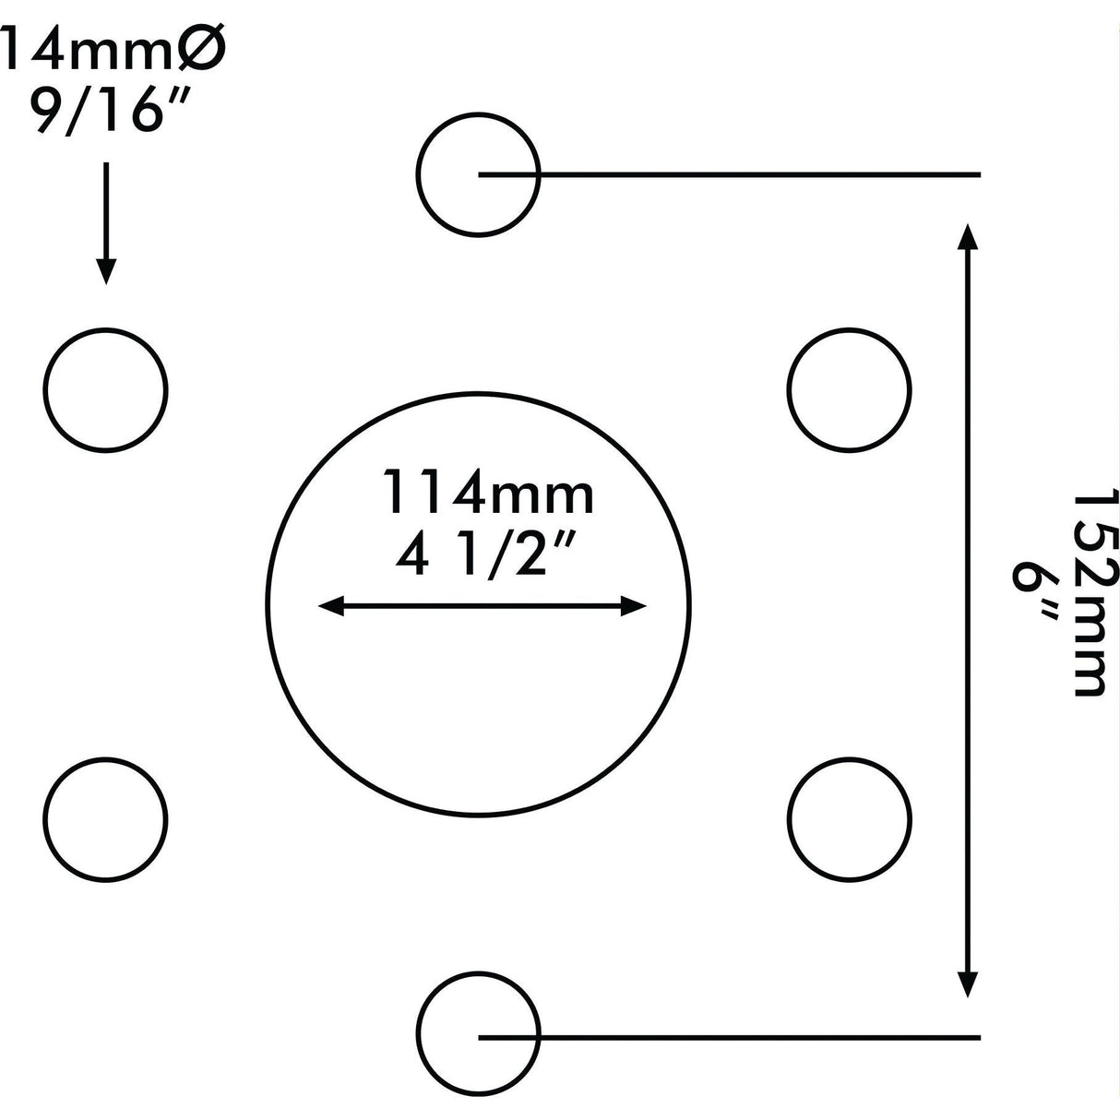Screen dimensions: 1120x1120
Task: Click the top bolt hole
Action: click(x=477, y=173)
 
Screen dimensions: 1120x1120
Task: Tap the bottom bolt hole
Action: click(x=477, y=1037)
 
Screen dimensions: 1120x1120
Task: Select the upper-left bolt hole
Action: click(x=106, y=387)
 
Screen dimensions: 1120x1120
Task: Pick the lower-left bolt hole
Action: click(x=106, y=819)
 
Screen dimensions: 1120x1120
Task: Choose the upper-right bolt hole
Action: click(x=850, y=387)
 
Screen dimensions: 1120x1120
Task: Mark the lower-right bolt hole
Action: click(x=850, y=819)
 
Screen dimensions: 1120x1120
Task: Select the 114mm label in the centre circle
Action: click(x=489, y=494)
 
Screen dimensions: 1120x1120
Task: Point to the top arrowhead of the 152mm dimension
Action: click(x=967, y=236)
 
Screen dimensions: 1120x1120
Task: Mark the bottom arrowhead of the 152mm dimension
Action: click(x=967, y=983)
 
